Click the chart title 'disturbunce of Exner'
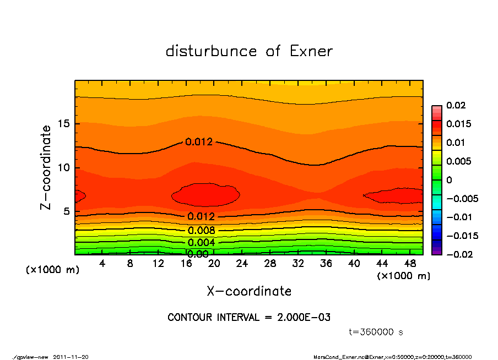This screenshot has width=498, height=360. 249,52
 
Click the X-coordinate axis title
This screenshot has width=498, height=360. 249,291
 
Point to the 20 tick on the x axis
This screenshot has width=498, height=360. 214,264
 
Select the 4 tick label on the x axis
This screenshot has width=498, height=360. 102,264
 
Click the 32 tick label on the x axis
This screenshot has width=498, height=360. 298,264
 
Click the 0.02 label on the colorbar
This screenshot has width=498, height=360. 456,105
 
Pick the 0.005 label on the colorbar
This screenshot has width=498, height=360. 458,161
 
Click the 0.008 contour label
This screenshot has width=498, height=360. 201,231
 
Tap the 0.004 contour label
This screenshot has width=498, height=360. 201,242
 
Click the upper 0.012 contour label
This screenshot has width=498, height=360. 199,142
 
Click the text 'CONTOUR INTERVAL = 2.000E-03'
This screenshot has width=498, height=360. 249,318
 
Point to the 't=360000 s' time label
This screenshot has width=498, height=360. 376,332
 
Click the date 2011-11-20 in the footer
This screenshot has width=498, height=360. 71,357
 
